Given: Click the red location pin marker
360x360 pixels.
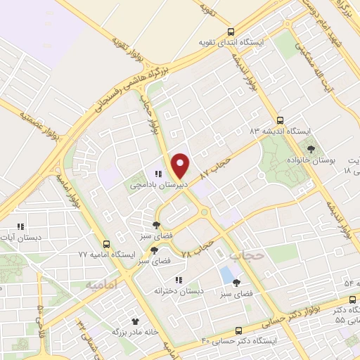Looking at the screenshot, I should (x=181, y=165).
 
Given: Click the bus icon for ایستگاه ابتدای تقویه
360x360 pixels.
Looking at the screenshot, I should (x=231, y=32).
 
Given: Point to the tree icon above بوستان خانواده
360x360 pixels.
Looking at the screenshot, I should (x=310, y=148).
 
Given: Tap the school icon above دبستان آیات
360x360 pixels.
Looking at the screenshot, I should (x=20, y=226).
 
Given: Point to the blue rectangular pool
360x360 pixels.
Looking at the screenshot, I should (x=226, y=274).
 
